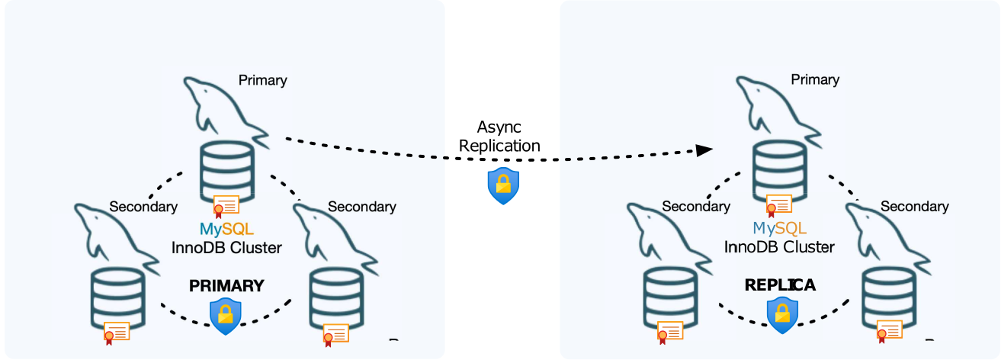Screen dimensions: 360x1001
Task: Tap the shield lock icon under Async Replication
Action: tap(503, 186)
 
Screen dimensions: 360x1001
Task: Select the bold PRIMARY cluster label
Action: tap(226, 286)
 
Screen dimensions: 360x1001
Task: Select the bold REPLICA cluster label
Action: tap(780, 285)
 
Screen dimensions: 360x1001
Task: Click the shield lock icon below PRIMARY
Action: tap(226, 313)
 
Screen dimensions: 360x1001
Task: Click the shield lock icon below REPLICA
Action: tap(781, 314)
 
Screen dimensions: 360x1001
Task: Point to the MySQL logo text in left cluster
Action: tap(226, 229)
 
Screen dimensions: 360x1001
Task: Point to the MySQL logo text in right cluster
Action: tap(779, 228)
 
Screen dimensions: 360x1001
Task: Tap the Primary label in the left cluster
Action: tap(262, 80)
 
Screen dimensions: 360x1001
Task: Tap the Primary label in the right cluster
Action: tap(815, 79)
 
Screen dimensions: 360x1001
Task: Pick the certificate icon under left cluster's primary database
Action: tap(226, 206)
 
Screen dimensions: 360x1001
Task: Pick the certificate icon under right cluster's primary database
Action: tap(779, 205)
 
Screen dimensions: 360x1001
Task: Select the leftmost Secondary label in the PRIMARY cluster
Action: tap(143, 207)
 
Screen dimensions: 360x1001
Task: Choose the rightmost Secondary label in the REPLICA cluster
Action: tap(914, 207)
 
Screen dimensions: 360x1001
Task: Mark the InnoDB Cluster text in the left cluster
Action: tap(226, 247)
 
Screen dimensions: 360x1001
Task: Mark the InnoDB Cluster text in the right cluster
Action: tap(779, 246)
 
